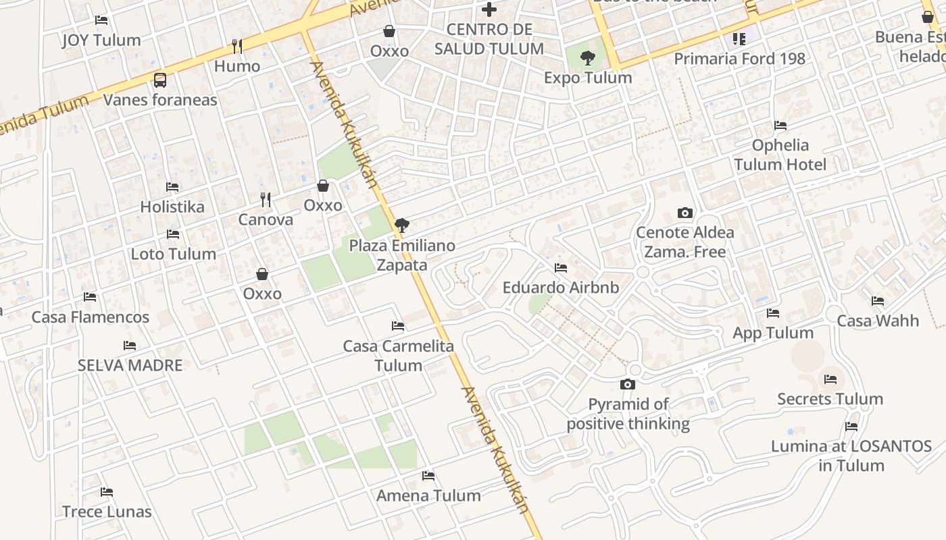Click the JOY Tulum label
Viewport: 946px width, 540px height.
tap(101, 40)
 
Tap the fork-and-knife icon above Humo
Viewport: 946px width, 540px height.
tap(236, 46)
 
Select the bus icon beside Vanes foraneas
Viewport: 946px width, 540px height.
tap(160, 80)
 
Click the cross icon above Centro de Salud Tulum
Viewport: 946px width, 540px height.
tap(489, 9)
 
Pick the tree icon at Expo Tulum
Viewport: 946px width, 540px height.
tap(588, 58)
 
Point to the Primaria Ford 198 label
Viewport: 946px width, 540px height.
tap(739, 59)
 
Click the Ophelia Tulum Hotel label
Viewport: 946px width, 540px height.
tap(780, 155)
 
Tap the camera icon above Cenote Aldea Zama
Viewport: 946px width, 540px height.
tap(684, 213)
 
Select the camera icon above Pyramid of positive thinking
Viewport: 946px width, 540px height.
tap(628, 385)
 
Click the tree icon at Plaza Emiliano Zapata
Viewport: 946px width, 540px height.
tap(402, 225)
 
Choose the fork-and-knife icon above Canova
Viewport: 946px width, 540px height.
tap(266, 200)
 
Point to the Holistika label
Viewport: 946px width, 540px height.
tap(172, 207)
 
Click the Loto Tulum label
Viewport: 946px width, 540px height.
tap(174, 254)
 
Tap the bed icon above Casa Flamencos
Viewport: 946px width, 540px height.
tap(90, 297)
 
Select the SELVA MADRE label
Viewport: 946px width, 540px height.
tap(130, 365)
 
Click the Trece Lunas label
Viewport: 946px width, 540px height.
tap(107, 512)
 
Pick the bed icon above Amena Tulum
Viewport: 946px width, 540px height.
tap(428, 476)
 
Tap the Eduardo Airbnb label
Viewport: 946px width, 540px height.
tap(561, 288)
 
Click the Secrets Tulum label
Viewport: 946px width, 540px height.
tap(830, 399)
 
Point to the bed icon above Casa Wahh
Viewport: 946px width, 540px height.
tap(878, 301)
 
